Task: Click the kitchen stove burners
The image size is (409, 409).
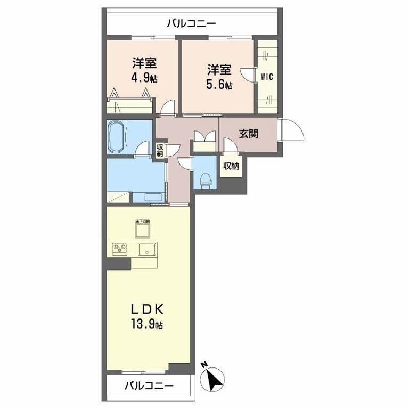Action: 120,248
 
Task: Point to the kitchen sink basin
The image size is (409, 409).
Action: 146,249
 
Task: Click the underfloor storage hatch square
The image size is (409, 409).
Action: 142,230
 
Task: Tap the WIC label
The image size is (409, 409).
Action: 267,76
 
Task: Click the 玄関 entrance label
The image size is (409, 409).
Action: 248,133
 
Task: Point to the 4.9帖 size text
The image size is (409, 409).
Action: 144,78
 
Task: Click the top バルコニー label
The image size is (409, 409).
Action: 191,23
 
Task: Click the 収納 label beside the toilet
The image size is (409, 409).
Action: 231,166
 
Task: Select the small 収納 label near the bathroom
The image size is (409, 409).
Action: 160,150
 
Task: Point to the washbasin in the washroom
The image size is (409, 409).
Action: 154,197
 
